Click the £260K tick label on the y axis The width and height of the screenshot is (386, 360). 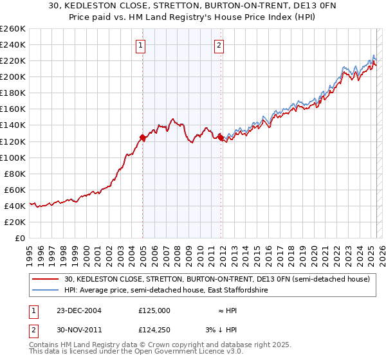click(x=13, y=28)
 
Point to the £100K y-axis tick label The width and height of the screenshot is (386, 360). click(x=13, y=157)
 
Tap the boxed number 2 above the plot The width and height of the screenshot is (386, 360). click(x=219, y=45)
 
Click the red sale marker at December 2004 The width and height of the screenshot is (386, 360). click(x=142, y=137)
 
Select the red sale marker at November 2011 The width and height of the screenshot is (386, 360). click(x=220, y=137)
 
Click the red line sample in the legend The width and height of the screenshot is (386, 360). click(x=46, y=279)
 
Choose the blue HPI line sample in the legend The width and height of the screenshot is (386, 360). click(x=46, y=291)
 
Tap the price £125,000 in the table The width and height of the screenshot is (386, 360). click(x=154, y=310)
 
